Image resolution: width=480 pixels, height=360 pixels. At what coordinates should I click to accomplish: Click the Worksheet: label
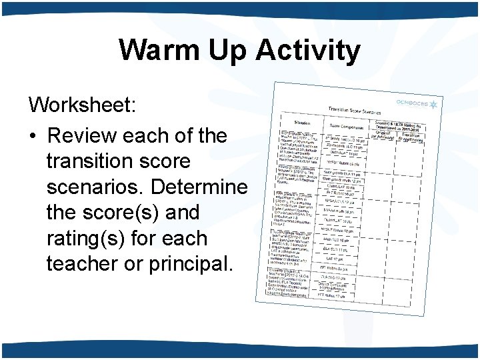(82, 105)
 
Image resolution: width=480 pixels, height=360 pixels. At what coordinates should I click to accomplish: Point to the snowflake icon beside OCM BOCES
(433, 105)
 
